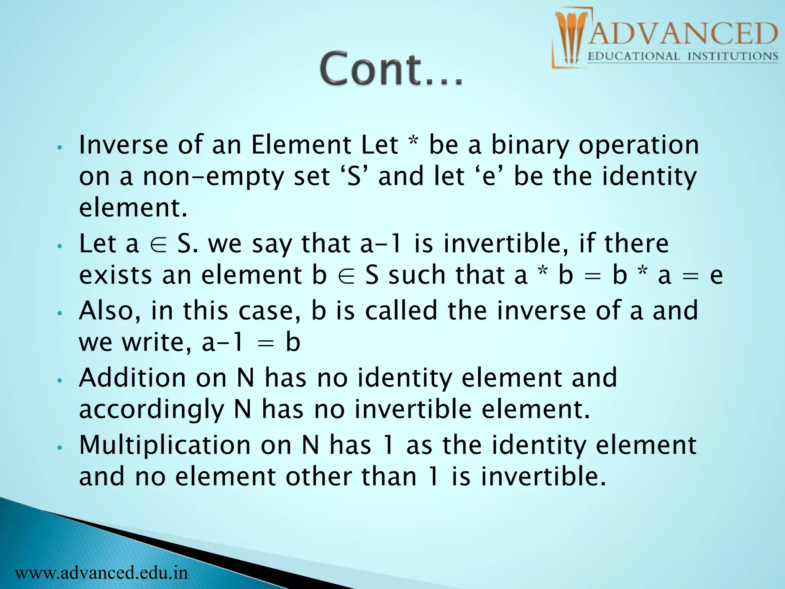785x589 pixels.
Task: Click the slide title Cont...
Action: point(391,69)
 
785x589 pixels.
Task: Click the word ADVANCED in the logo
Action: point(682,34)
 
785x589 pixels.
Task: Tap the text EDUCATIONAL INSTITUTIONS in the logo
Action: point(682,57)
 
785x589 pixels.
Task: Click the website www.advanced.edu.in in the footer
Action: point(102,573)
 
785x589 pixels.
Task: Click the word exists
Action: point(115,275)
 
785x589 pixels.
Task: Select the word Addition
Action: point(132,378)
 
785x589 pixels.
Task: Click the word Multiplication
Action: point(165,446)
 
